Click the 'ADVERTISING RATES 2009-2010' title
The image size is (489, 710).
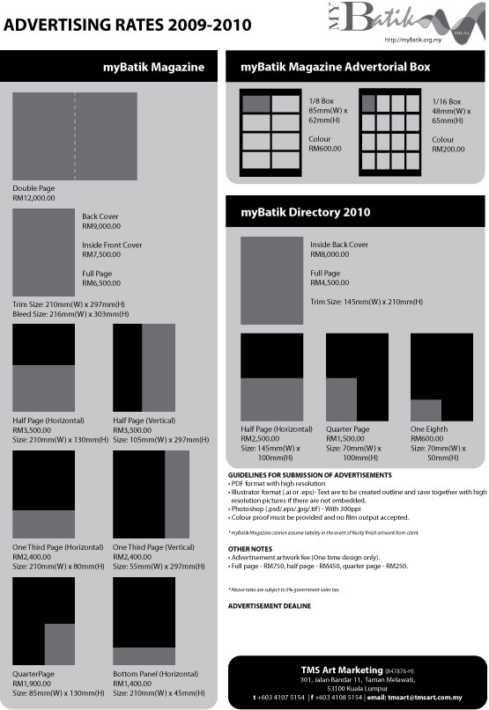tap(128, 26)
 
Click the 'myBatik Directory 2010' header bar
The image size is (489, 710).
tap(307, 212)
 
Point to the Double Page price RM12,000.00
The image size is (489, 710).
tap(34, 199)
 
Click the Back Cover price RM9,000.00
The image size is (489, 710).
tap(100, 226)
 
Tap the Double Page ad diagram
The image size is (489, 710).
tap(75, 136)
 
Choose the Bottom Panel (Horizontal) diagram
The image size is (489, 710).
tap(144, 620)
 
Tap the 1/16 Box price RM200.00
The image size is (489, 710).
tap(449, 150)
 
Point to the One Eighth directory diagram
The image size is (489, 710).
tap(441, 377)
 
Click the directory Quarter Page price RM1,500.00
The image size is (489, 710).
tap(347, 438)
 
